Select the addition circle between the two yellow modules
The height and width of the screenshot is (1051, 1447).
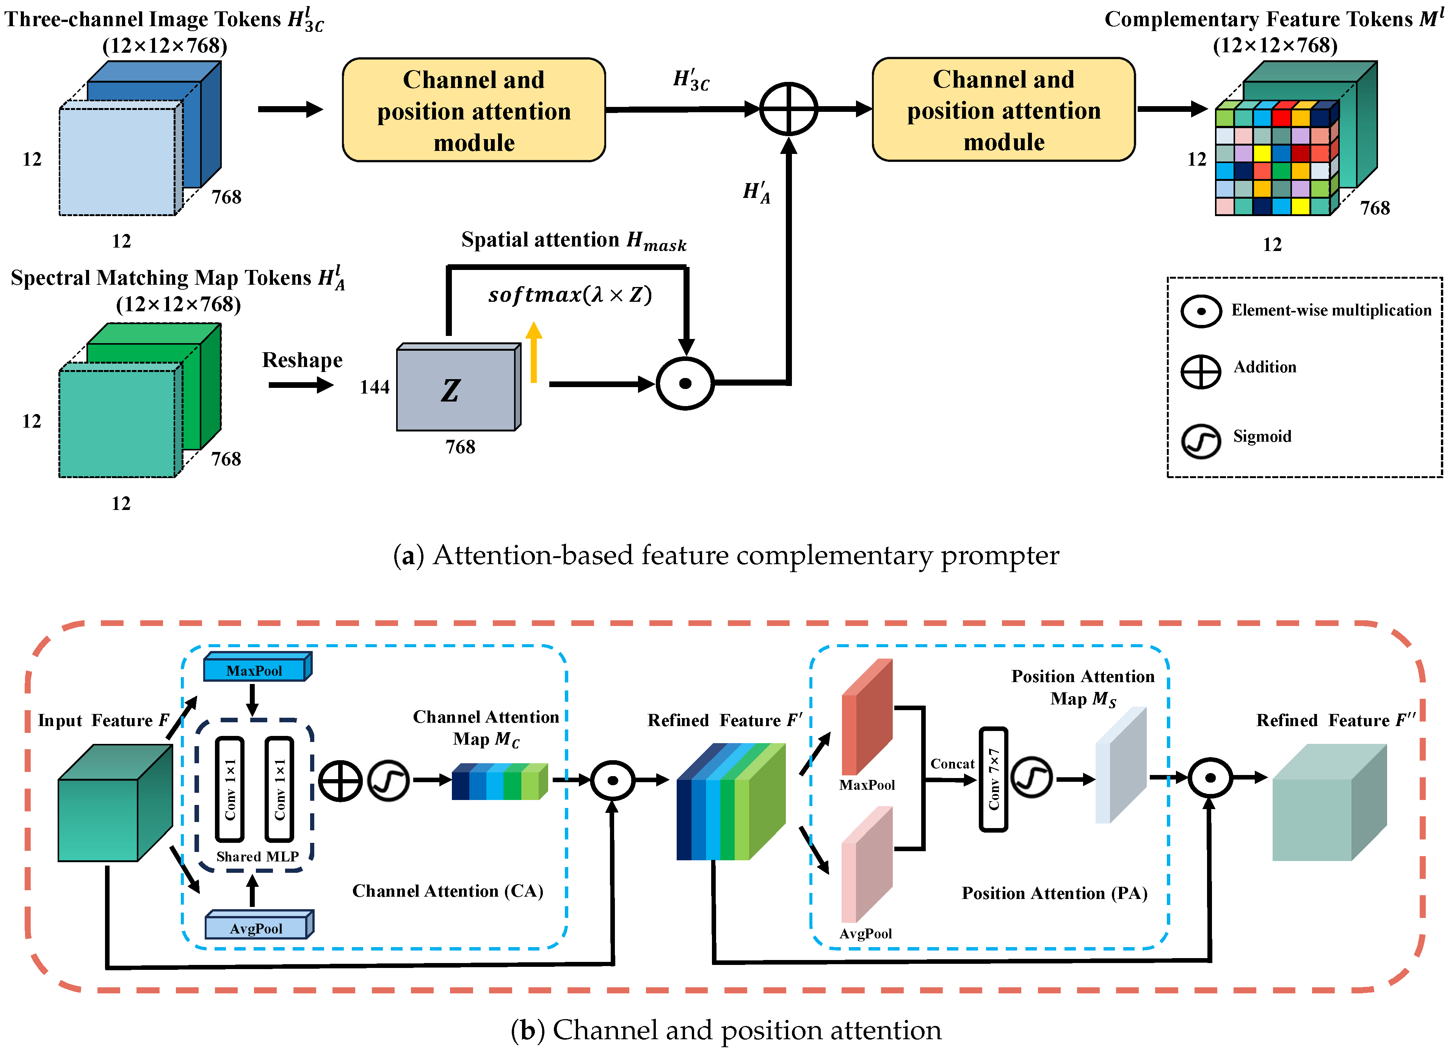coord(789,109)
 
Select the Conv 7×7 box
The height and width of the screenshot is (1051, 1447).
coord(993,779)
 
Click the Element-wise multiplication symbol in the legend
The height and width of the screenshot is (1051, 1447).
coord(1200,311)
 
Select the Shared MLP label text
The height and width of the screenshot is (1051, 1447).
coord(257,856)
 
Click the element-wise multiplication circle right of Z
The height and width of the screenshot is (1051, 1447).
coord(685,384)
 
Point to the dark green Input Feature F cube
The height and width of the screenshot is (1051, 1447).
coord(115,804)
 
